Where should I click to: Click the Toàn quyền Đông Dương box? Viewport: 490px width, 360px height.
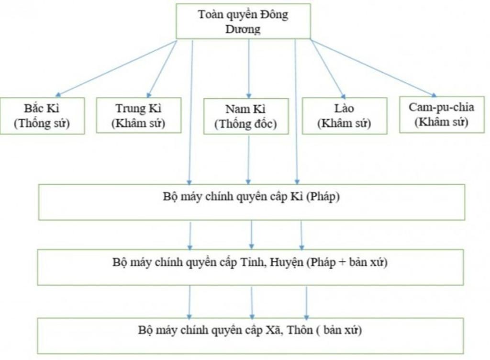243,21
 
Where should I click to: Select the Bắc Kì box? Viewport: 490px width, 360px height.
42,116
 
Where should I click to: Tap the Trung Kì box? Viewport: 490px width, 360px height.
139,115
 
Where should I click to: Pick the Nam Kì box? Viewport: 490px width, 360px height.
245,116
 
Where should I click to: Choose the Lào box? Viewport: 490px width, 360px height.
345,115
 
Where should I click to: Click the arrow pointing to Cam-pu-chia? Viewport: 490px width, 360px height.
373,68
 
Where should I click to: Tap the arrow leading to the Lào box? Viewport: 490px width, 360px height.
327,69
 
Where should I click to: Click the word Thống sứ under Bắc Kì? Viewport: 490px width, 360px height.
42,123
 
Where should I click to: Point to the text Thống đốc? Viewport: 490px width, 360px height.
245,124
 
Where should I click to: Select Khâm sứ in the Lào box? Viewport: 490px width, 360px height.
345,123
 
